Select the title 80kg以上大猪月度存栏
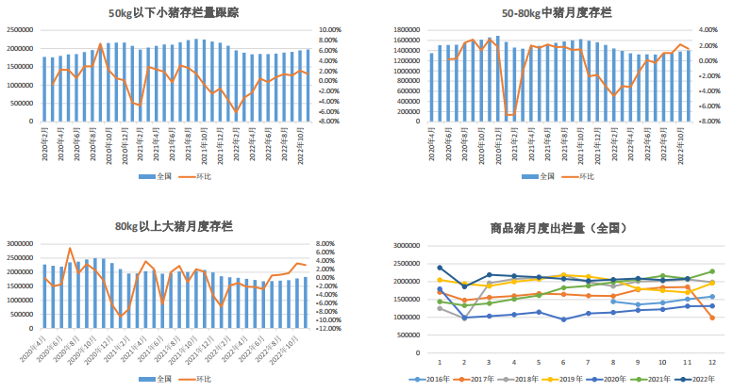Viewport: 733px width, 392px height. pos(174,226)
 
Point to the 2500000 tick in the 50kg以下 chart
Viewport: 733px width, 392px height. pos(19,30)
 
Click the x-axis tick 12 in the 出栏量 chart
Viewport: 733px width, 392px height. pos(710,361)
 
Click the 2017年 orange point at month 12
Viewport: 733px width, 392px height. pos(710,318)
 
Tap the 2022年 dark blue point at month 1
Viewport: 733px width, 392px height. pos(440,268)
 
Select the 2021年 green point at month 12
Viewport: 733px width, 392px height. pos(710,271)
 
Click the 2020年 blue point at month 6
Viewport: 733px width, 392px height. pos(563,319)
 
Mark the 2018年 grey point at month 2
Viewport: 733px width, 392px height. pos(464,318)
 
